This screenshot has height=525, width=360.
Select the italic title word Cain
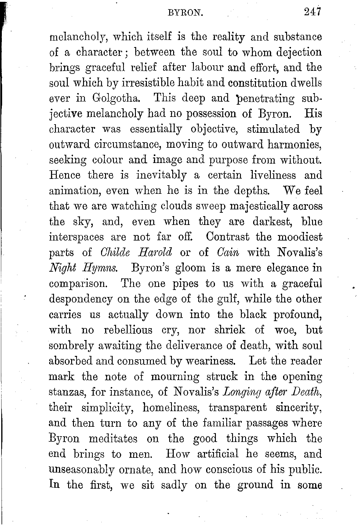228,252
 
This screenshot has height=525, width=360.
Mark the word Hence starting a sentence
65,176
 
